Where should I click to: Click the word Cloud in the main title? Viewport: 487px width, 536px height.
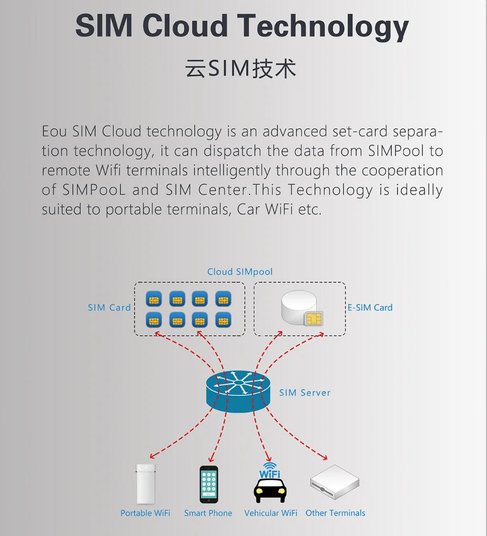click(x=185, y=26)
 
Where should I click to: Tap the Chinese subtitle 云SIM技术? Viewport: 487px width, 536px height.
click(x=241, y=69)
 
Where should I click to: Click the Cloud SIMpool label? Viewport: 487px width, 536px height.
click(x=240, y=272)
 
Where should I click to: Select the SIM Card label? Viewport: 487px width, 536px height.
click(x=109, y=308)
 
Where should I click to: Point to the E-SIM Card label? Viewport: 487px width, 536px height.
click(x=370, y=308)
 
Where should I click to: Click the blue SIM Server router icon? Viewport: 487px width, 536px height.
click(x=238, y=389)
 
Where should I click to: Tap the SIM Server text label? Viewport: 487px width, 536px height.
click(x=305, y=393)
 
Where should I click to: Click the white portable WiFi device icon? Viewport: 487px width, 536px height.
click(x=145, y=484)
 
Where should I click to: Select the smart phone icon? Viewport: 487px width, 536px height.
click(x=208, y=484)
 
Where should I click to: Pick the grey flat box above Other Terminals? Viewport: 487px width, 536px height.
click(x=335, y=481)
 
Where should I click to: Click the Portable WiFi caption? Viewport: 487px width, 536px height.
click(x=145, y=513)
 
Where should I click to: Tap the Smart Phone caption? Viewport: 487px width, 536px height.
click(x=208, y=513)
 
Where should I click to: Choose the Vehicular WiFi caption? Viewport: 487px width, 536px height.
click(x=271, y=513)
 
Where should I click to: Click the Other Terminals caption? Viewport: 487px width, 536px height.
click(x=335, y=513)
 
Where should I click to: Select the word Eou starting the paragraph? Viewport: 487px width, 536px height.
click(x=55, y=132)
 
